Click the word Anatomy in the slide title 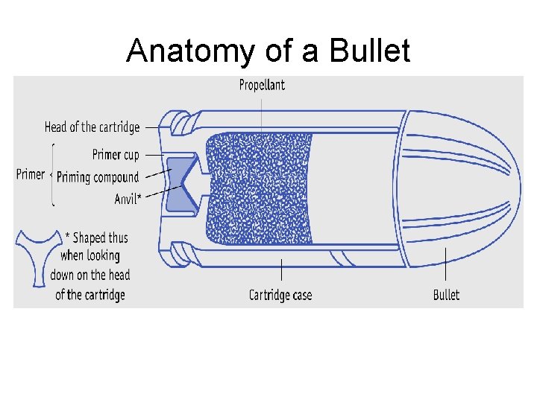coord(191,51)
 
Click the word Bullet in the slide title coord(371,51)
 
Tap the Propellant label coord(262,85)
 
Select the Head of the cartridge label coord(92,127)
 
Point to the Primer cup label coord(116,155)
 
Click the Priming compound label coord(98,177)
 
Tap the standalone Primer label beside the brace coord(31,174)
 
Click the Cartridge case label coord(280,296)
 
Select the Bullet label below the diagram coord(446,296)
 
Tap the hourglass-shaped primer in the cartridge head coord(182,184)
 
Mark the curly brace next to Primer coord(51,175)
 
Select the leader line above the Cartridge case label coord(280,272)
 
